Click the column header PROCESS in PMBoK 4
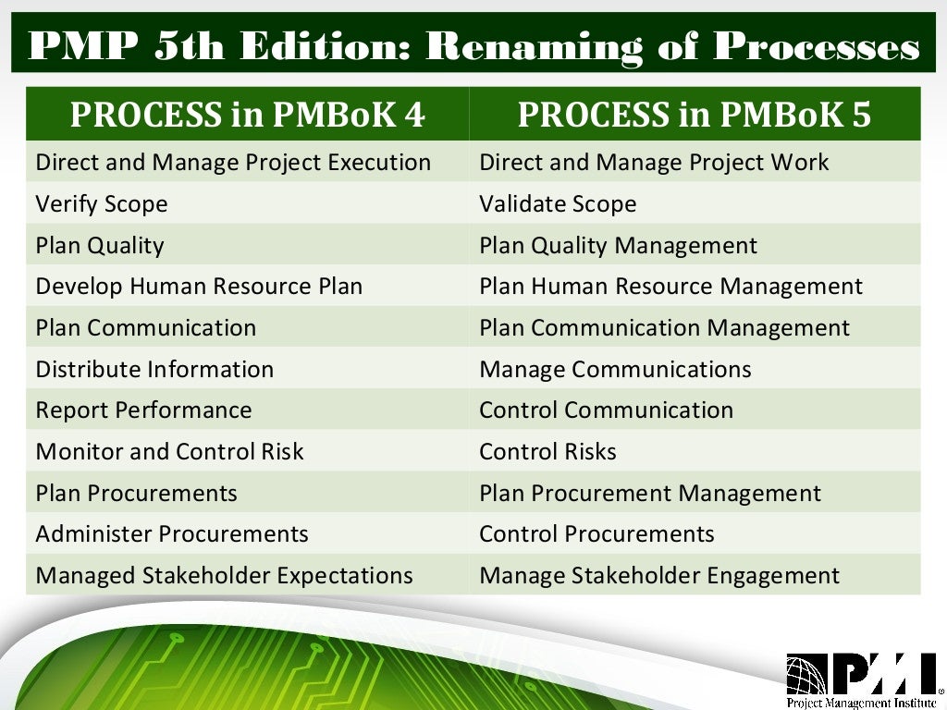247,114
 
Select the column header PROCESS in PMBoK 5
694,114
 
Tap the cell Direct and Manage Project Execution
233,163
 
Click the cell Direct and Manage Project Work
654,163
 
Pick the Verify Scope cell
102,203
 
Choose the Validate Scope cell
558,203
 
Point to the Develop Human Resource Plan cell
199,287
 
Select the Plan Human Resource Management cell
670,287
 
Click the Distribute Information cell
154,370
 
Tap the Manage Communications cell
615,370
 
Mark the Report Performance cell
143,410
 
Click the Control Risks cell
547,452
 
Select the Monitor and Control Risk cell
169,452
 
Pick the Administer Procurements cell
172,534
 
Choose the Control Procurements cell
596,534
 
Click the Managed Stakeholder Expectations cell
224,576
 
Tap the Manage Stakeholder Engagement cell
659,576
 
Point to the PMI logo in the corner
861,672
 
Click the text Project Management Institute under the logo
861,701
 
